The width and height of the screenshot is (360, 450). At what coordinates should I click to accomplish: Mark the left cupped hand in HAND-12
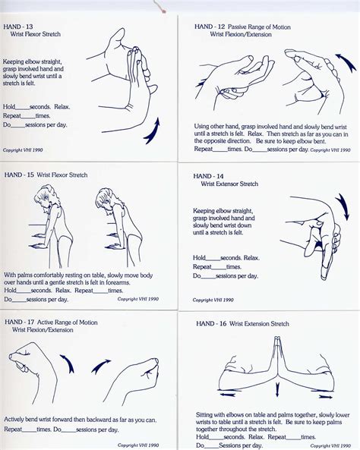click(x=237, y=76)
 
